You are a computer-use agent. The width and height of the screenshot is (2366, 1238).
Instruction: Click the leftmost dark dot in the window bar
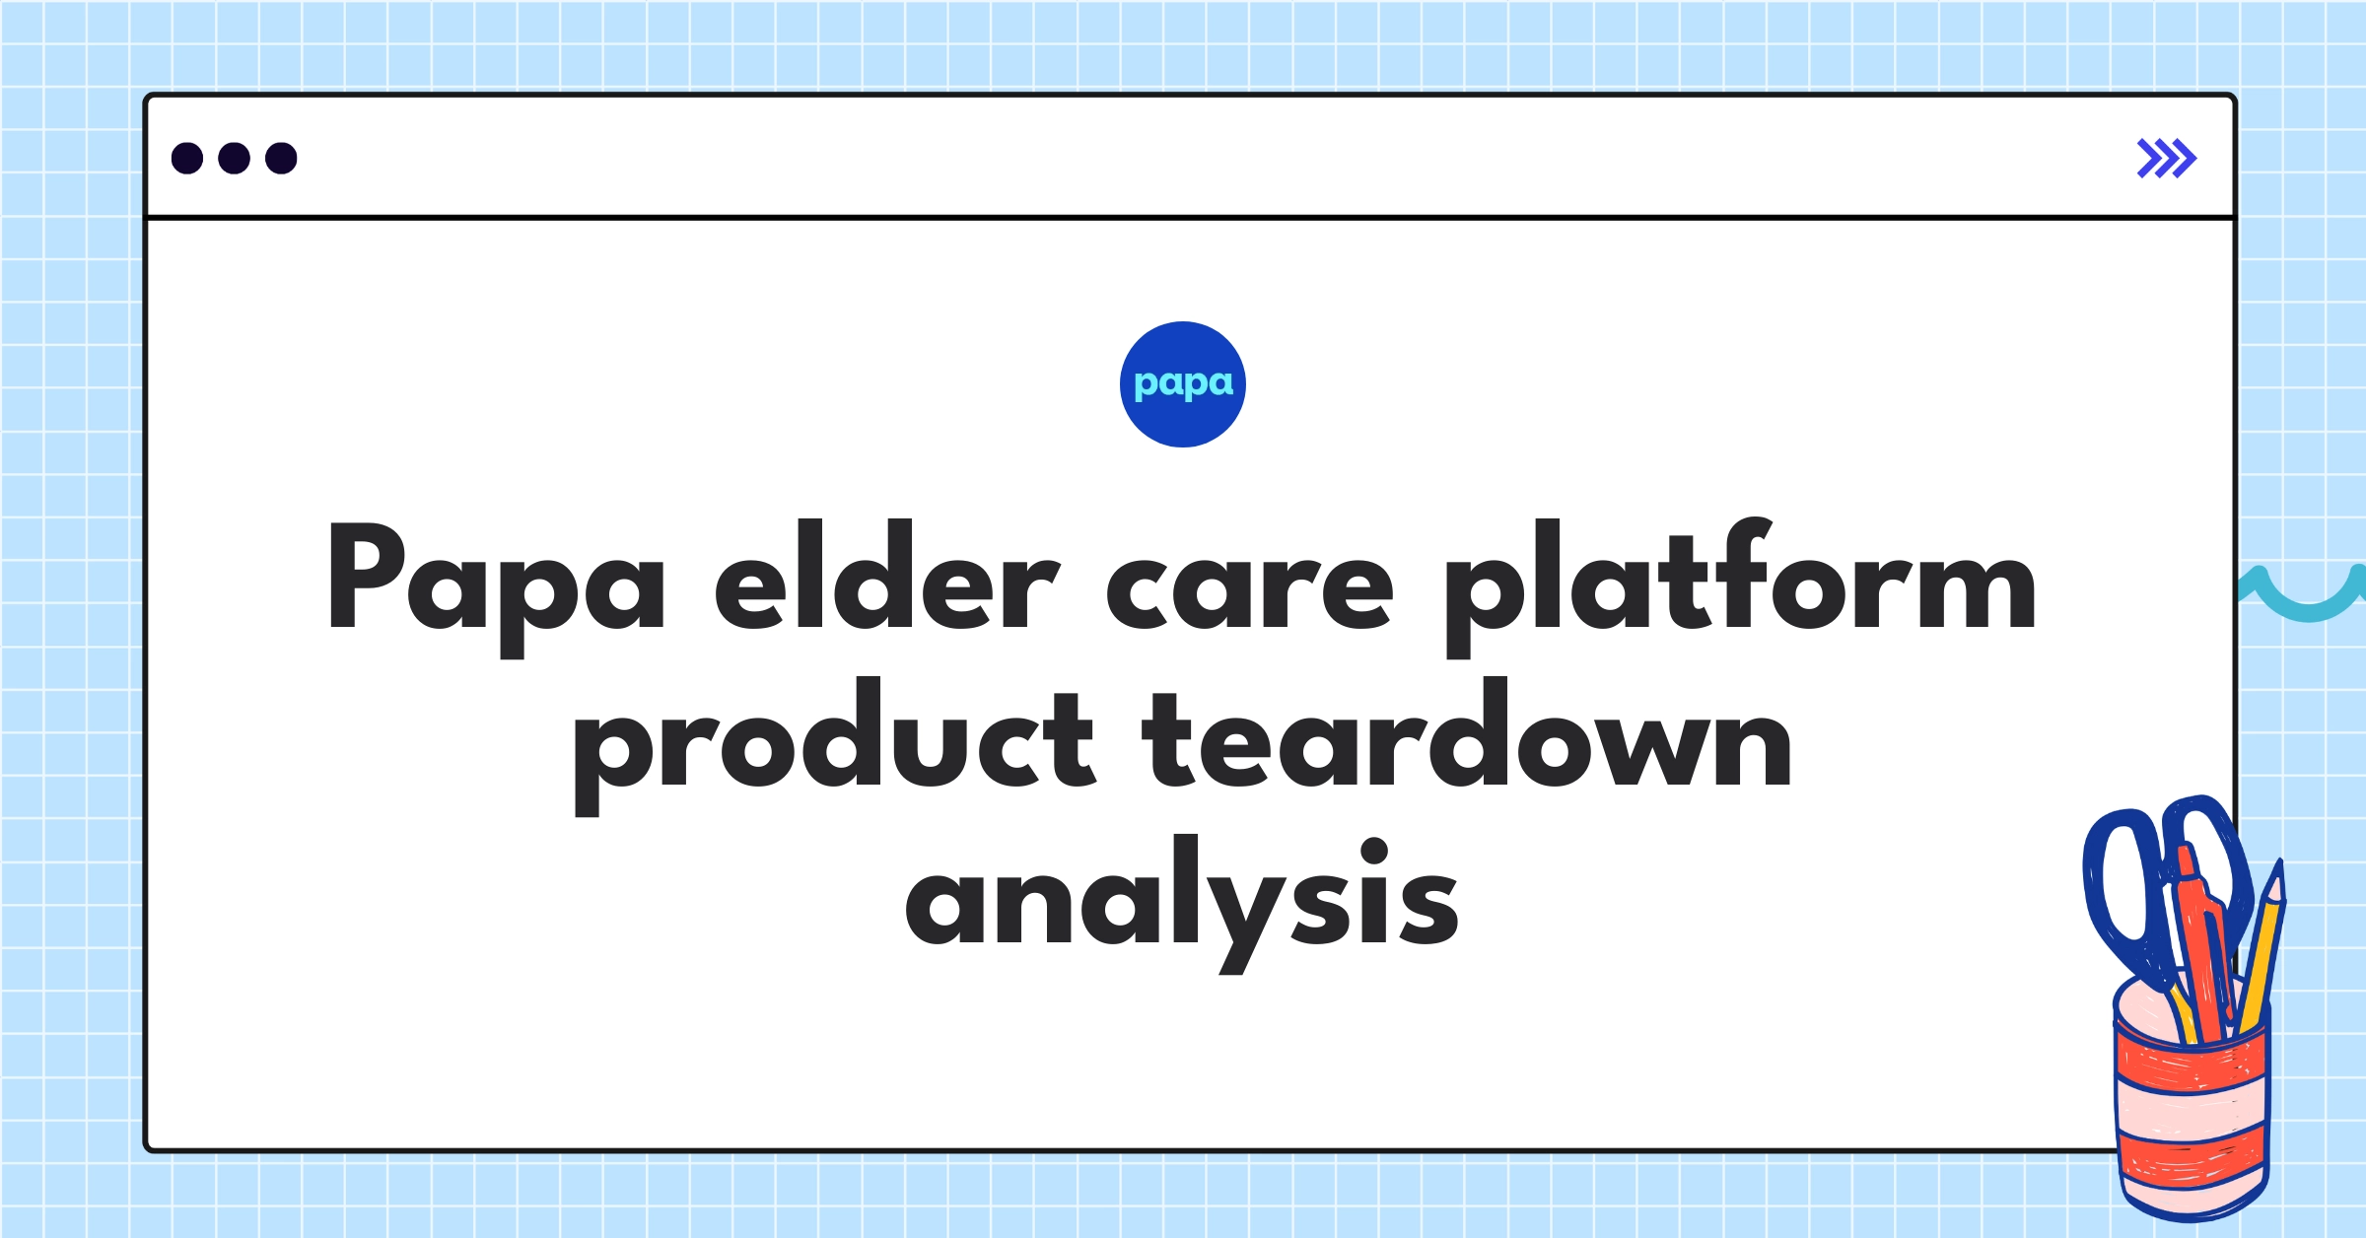click(187, 159)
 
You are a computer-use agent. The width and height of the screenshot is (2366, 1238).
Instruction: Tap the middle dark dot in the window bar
click(234, 159)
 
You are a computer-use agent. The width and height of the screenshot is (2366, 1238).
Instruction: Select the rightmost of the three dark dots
click(281, 159)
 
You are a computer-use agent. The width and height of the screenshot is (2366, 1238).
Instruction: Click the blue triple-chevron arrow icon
click(2166, 159)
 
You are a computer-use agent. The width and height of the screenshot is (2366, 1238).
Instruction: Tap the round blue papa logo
click(1182, 384)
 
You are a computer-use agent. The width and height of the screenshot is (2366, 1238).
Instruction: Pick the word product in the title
click(833, 744)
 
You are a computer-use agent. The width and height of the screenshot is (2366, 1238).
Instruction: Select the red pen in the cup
click(2202, 946)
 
